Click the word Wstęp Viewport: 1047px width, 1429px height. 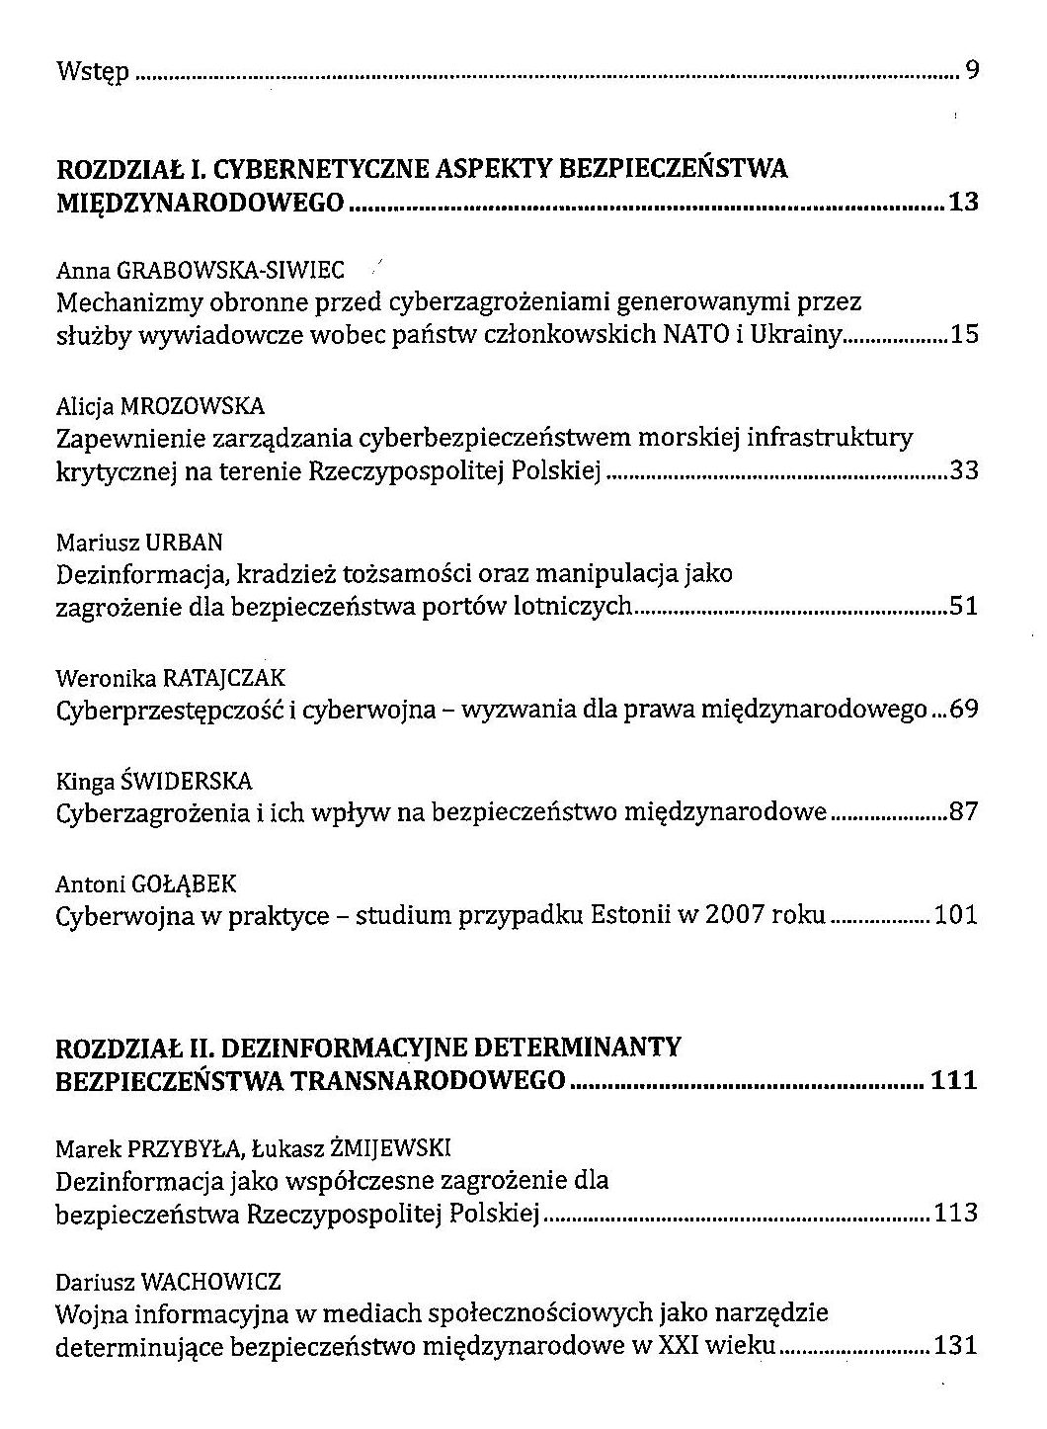coord(92,71)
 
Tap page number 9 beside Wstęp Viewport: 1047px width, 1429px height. coord(972,71)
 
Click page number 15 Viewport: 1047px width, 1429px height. coord(964,334)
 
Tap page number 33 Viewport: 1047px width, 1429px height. coord(964,470)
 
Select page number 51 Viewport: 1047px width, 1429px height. coord(964,606)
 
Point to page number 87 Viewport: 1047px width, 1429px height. coord(964,813)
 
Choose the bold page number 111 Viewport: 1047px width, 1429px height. coord(954,1079)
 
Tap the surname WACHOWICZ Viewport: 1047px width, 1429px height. coord(211,1283)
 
